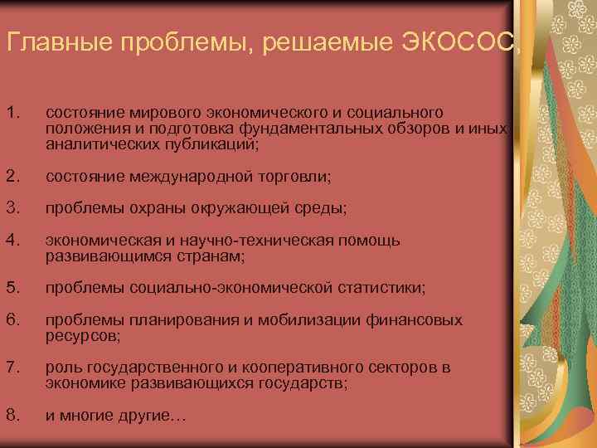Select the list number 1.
point(11,112)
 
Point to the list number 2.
point(11,176)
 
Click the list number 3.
point(11,208)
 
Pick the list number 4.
point(11,241)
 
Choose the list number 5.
point(11,288)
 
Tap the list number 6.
point(11,320)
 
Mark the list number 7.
point(11,368)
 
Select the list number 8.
point(11,415)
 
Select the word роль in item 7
point(61,368)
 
